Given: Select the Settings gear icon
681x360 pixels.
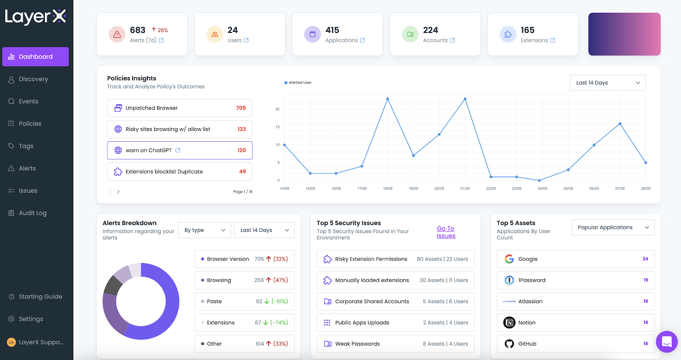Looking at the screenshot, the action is [11, 319].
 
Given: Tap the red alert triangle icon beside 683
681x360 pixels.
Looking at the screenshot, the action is [117, 34].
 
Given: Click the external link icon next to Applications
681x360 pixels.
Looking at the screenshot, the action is [363, 40].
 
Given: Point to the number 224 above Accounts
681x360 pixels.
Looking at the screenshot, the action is [431, 30].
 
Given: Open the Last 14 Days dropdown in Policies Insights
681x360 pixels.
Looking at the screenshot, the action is [608, 82].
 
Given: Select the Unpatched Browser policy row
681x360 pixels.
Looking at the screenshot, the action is [180, 108].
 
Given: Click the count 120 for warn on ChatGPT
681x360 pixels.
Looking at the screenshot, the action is [242, 151].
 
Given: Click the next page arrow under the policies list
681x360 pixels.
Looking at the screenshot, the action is [118, 192].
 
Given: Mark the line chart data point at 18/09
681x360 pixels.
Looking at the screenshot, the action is [388, 99].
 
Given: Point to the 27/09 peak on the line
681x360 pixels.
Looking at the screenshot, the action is [620, 124].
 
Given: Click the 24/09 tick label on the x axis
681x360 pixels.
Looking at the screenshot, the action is [542, 189].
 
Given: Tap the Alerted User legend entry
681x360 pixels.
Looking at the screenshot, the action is [298, 82].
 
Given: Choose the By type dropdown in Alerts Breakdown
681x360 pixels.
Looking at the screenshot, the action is [205, 230].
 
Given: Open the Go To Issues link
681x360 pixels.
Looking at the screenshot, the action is [446, 232].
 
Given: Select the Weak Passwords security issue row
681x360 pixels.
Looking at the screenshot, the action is [395, 344].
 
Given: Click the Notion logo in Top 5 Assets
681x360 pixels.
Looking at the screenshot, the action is [509, 323].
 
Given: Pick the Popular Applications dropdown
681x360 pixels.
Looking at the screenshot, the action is [613, 227].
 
